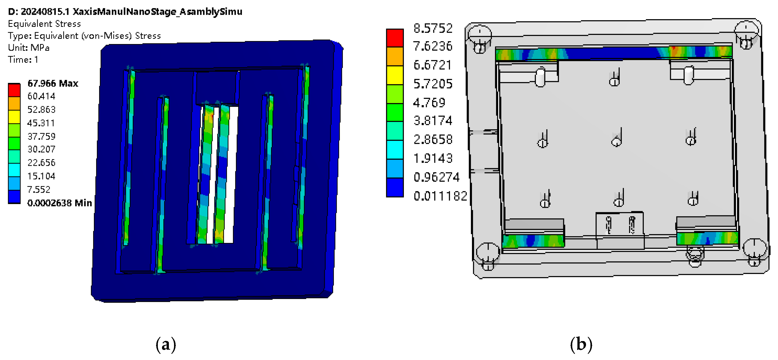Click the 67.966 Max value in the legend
(x=53, y=83)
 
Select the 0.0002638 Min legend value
(x=59, y=203)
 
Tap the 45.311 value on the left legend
(x=41, y=123)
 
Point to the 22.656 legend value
(x=41, y=163)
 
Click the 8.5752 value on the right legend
(x=433, y=28)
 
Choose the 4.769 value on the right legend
(x=429, y=103)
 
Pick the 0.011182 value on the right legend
(x=440, y=196)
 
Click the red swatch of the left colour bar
(x=14, y=90)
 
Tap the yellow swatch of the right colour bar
(x=395, y=75)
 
